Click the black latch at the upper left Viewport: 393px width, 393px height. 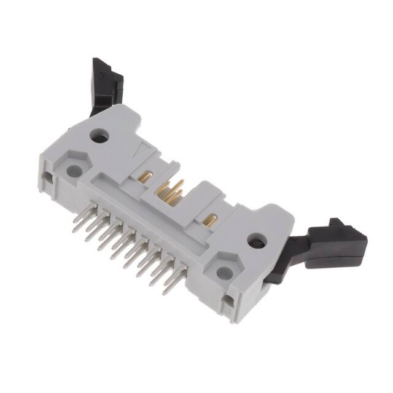(x=106, y=83)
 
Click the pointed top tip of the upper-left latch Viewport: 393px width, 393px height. (x=96, y=60)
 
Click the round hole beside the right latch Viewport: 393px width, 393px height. (x=255, y=240)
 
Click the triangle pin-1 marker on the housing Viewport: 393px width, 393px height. (x=141, y=148)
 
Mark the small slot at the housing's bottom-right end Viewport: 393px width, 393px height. (x=228, y=301)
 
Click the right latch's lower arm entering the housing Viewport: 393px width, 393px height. (x=278, y=270)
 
